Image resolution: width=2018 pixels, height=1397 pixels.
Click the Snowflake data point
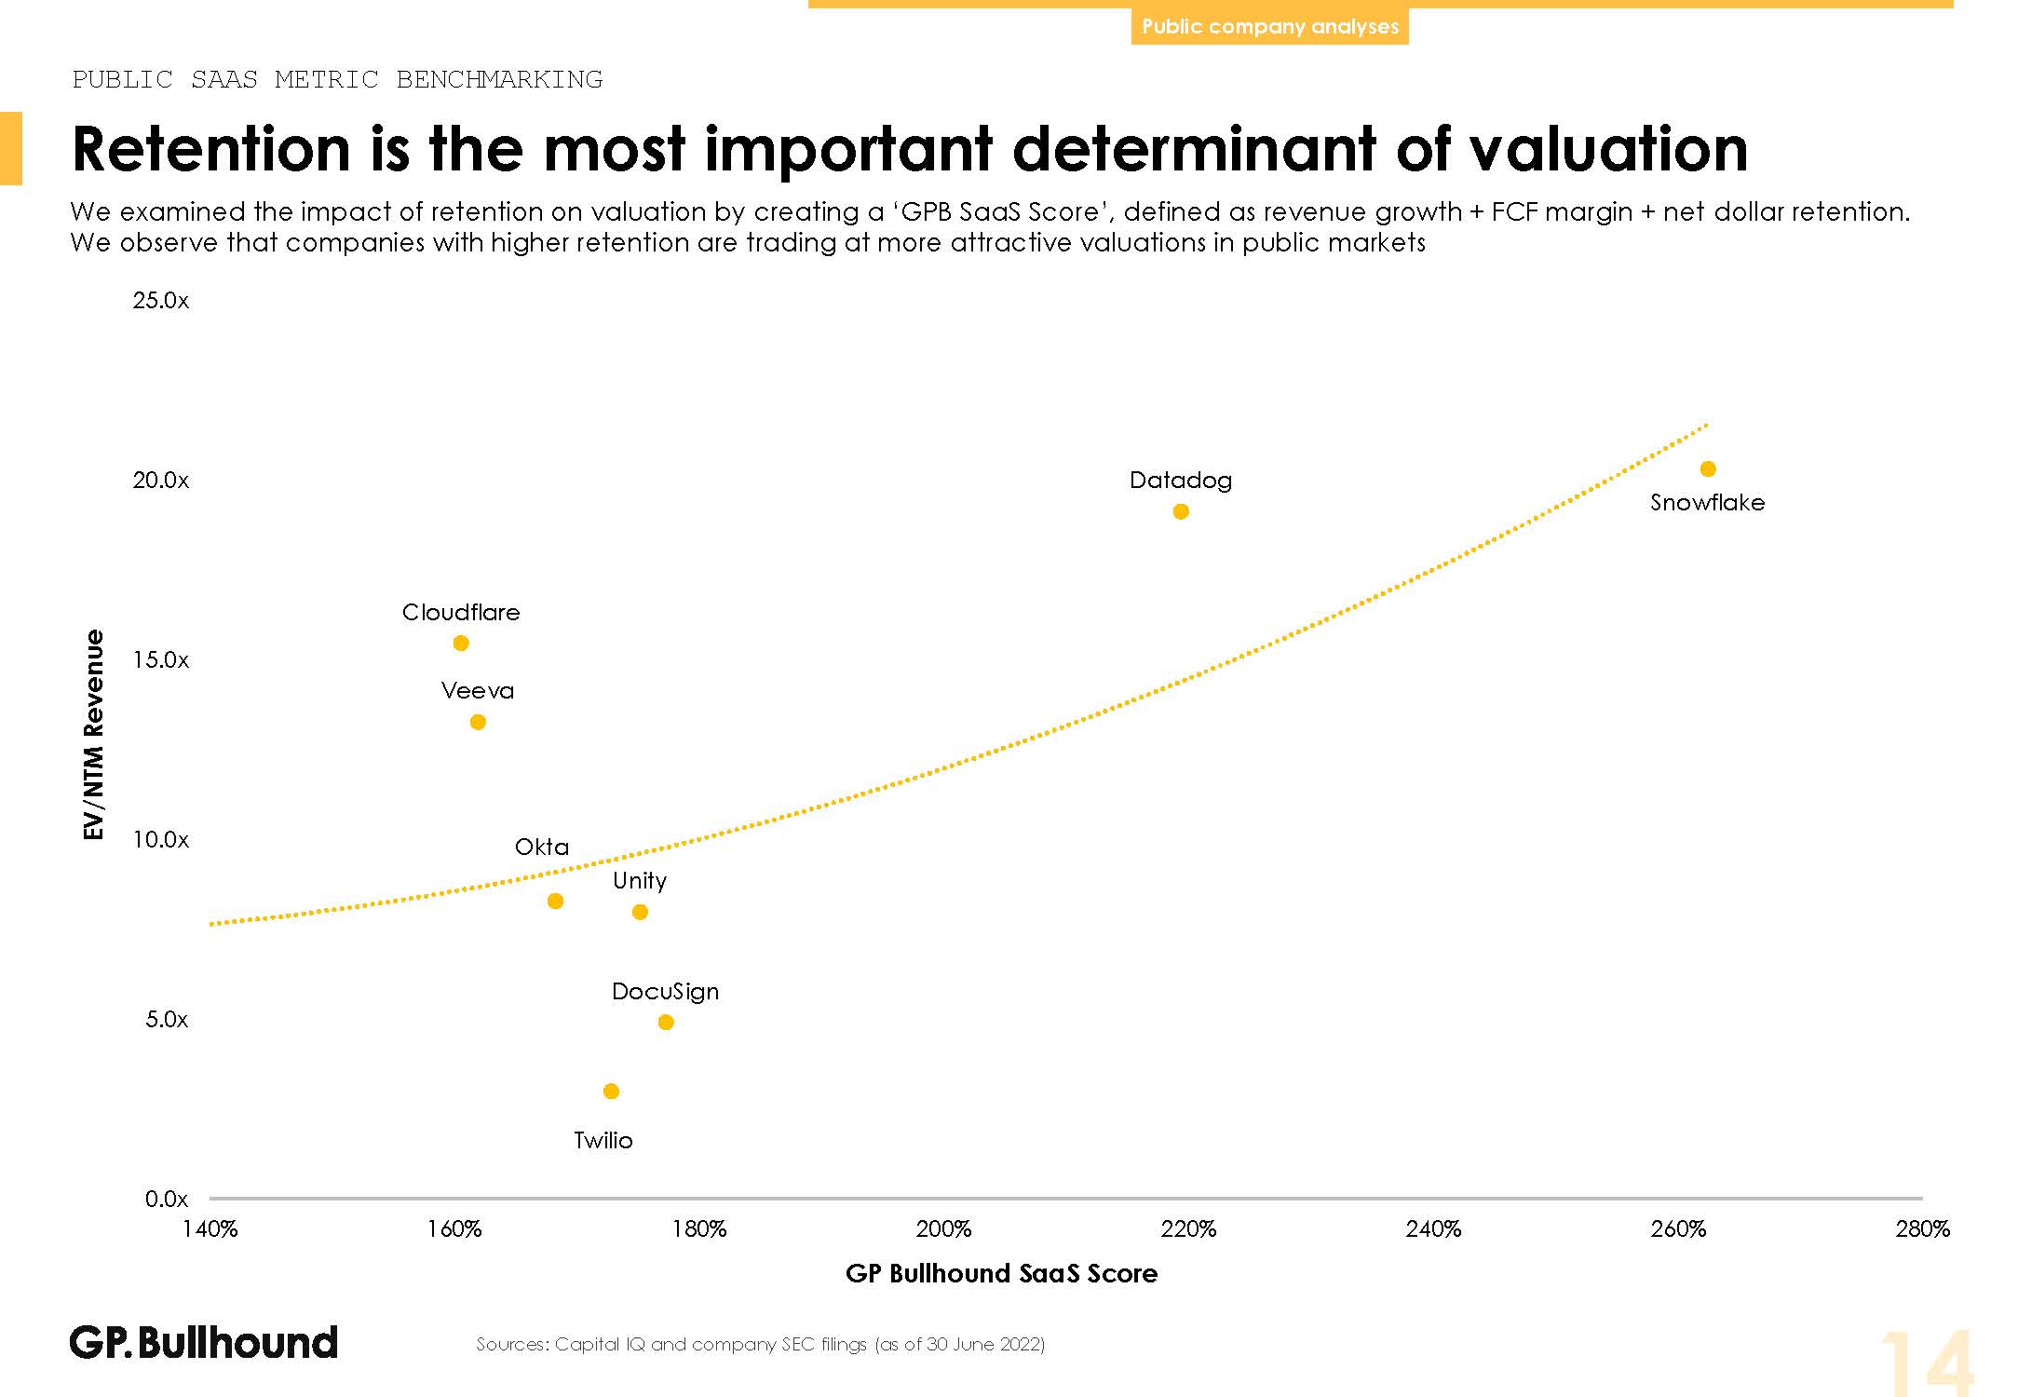[x=1708, y=469]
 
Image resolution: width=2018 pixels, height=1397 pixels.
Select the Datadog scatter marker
[x=1181, y=511]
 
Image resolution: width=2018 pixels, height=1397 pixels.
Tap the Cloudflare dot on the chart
[x=461, y=644]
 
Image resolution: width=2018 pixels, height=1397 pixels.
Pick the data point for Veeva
[x=478, y=722]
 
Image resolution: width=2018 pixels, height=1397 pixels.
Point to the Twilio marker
[x=611, y=1092]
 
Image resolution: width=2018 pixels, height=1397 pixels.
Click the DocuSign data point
[x=666, y=1023]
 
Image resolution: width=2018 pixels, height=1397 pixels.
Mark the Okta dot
[x=556, y=902]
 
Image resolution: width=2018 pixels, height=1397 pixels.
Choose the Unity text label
[x=640, y=881]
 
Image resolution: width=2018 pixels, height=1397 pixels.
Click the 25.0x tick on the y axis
[x=161, y=301]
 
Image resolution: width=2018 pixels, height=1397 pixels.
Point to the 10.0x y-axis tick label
[x=161, y=840]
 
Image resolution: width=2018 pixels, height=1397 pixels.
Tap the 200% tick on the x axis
[x=943, y=1229]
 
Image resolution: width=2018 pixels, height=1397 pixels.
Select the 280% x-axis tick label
[x=1922, y=1229]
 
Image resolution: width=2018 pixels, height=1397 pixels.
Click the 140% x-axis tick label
[x=210, y=1229]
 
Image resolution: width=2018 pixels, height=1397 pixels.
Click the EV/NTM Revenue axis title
[x=94, y=735]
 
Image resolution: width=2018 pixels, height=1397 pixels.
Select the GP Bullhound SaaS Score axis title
[x=1001, y=1274]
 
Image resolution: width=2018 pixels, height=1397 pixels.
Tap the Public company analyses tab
[x=1270, y=27]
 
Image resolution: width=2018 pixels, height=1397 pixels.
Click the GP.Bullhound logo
[x=204, y=1343]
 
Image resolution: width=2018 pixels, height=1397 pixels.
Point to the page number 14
[x=1926, y=1362]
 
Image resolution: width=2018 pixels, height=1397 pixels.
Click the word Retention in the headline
[x=211, y=149]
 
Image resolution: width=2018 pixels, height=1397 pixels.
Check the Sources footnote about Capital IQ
[x=761, y=1344]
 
